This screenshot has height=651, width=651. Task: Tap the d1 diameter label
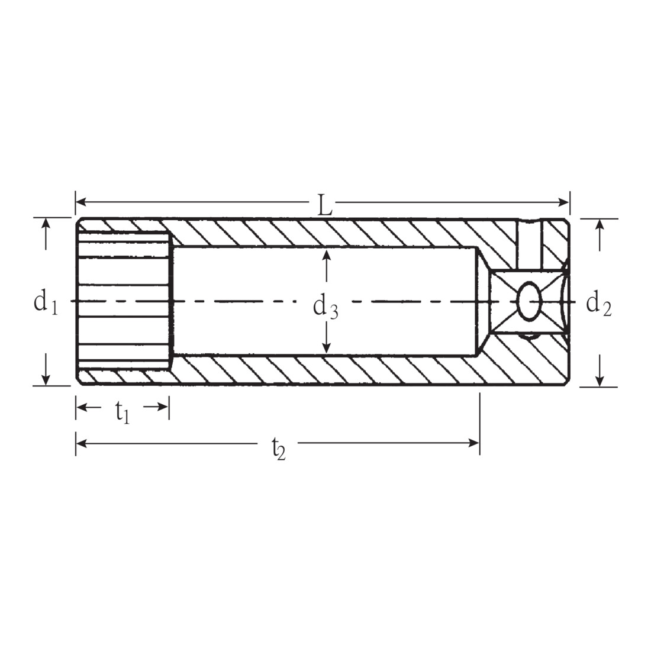pos(46,302)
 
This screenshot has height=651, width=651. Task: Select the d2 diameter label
pos(598,304)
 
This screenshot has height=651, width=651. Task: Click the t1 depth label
pos(123,412)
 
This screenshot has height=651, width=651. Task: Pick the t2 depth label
pos(279,449)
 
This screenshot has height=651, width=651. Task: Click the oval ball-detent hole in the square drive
pos(529,301)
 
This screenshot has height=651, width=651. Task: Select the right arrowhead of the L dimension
pos(564,202)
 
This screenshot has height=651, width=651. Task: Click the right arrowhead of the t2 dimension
pos(474,443)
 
